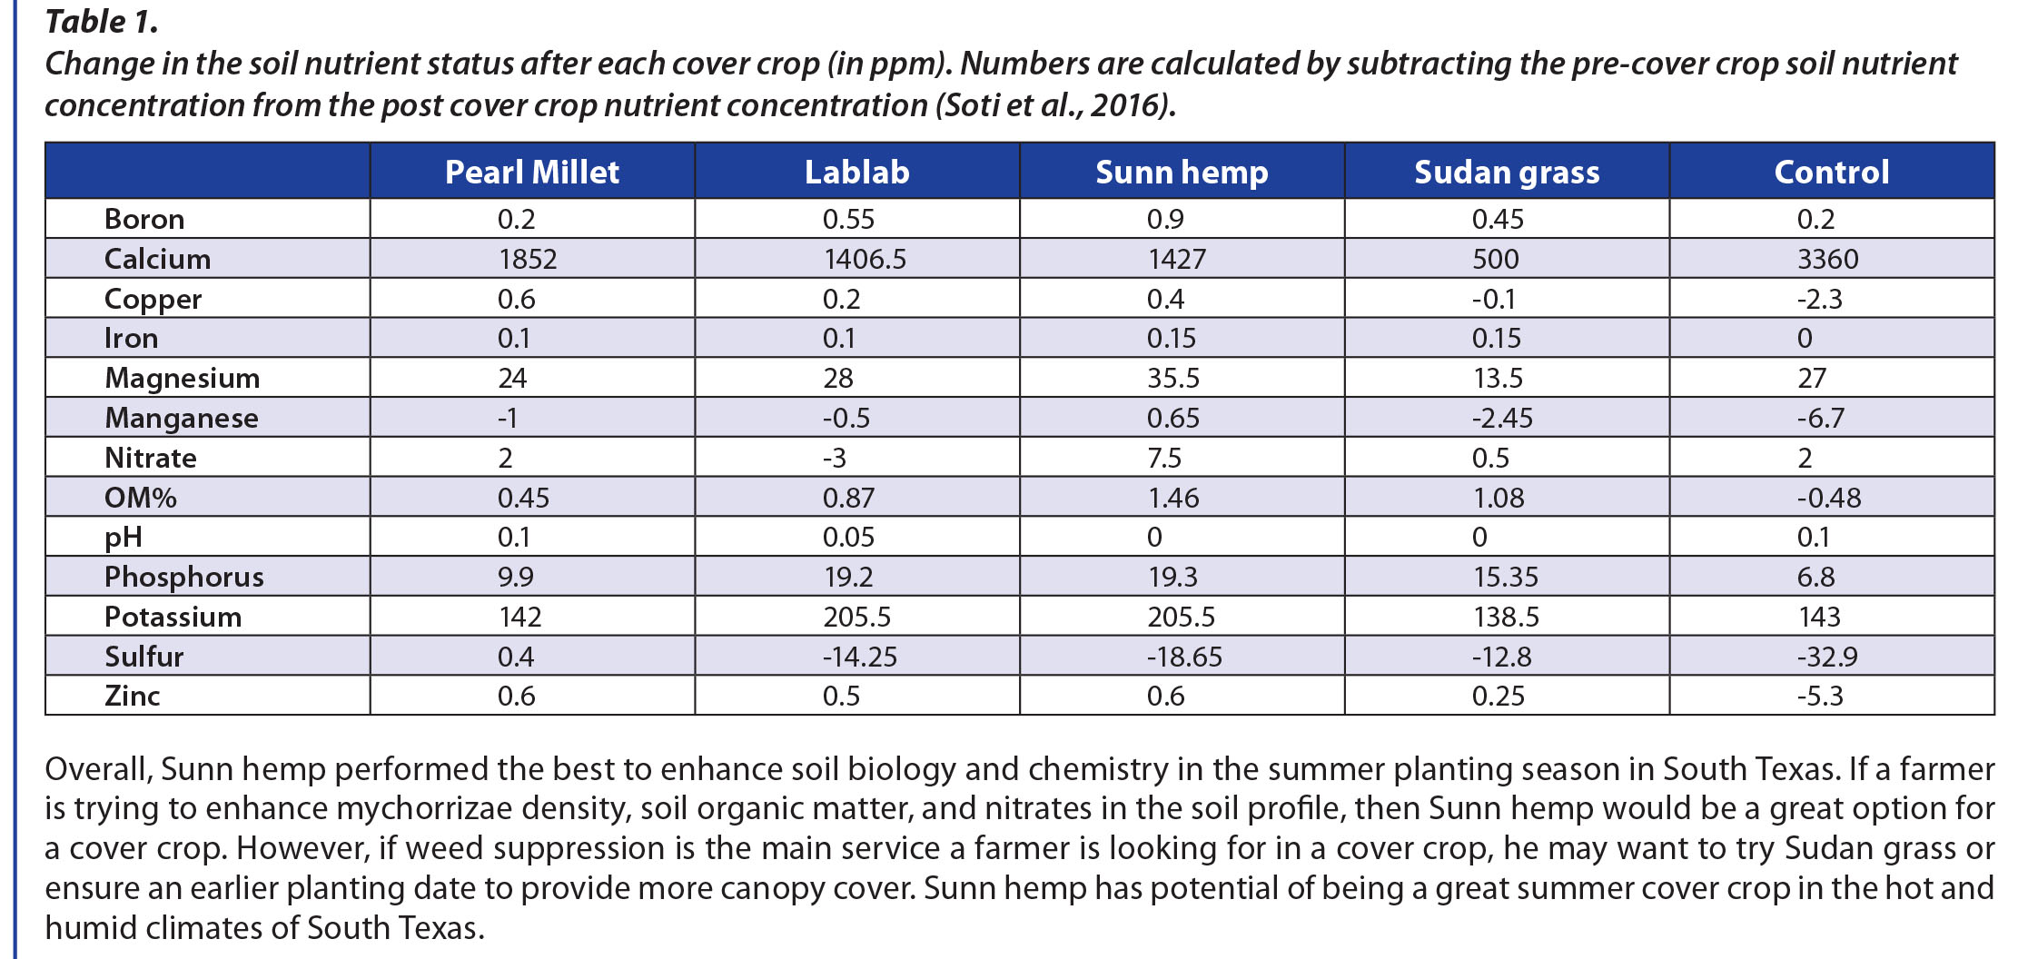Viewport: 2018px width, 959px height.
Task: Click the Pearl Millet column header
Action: pos(531,172)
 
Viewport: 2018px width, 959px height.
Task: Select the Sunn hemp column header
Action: pos(1181,172)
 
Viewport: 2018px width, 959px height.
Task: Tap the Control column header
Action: pos(1831,172)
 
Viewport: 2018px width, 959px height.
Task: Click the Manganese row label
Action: pos(182,418)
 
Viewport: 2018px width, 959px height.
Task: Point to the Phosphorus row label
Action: pos(183,577)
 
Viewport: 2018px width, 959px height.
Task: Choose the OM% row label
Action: pos(141,498)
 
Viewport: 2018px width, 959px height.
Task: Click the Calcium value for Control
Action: pos(1827,259)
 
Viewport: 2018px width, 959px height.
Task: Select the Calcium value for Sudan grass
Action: pos(1495,259)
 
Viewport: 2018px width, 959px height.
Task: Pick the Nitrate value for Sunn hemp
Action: pos(1163,458)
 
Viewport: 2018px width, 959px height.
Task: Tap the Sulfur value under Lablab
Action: pos(859,657)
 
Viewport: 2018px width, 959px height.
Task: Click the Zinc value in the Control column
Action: pos(1820,696)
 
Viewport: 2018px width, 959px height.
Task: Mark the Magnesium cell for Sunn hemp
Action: pos(1172,378)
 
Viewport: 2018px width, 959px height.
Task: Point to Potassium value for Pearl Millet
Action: pos(519,617)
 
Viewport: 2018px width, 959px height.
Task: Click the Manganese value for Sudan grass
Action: pos(1502,418)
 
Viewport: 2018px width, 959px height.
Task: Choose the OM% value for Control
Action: pos(1828,498)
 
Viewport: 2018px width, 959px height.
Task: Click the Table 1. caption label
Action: pos(102,22)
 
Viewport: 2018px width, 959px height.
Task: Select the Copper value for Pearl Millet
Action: pos(516,299)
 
